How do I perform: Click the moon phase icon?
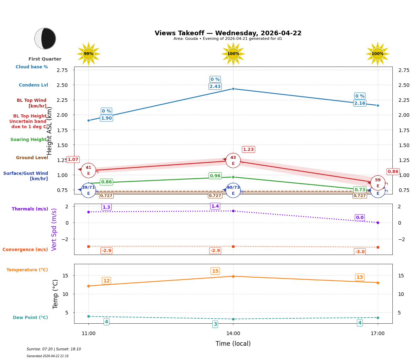click(45, 38)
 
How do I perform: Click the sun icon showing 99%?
click(88, 54)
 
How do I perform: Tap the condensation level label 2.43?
click(215, 87)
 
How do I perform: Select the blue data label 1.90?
click(106, 118)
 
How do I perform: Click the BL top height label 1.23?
click(248, 150)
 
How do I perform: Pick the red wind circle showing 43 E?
click(233, 161)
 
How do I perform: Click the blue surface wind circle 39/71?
click(88, 190)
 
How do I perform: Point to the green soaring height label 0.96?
click(215, 176)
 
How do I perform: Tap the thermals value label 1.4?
click(215, 206)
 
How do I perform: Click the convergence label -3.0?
click(360, 252)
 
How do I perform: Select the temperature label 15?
click(215, 271)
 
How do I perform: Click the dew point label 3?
click(215, 324)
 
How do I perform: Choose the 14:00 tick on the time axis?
click(233, 334)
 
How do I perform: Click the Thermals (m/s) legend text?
click(30, 209)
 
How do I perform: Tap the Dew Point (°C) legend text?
click(30, 318)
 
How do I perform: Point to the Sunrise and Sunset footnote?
click(54, 349)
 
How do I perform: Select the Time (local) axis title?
click(233, 344)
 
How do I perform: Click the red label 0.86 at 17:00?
click(393, 172)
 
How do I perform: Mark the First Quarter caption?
click(45, 59)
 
